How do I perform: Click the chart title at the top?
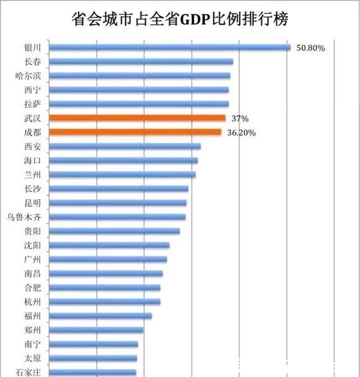[180, 20]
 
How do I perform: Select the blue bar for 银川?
[169, 47]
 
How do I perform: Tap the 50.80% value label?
[311, 47]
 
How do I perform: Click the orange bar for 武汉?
[137, 118]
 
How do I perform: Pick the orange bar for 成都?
[135, 132]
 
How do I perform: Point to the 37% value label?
[240, 118]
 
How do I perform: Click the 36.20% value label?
[241, 132]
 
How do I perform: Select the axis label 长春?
[33, 61]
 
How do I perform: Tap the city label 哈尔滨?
[29, 76]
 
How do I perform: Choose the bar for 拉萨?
[138, 104]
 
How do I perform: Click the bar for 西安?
[124, 146]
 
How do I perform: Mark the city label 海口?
[33, 160]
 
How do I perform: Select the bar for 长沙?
[118, 188]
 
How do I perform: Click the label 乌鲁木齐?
[24, 217]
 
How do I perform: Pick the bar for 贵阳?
[114, 231]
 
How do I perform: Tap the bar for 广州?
[107, 259]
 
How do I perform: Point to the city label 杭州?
[33, 302]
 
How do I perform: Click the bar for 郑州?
[96, 330]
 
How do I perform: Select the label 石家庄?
[29, 372]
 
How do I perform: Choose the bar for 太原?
[92, 358]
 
